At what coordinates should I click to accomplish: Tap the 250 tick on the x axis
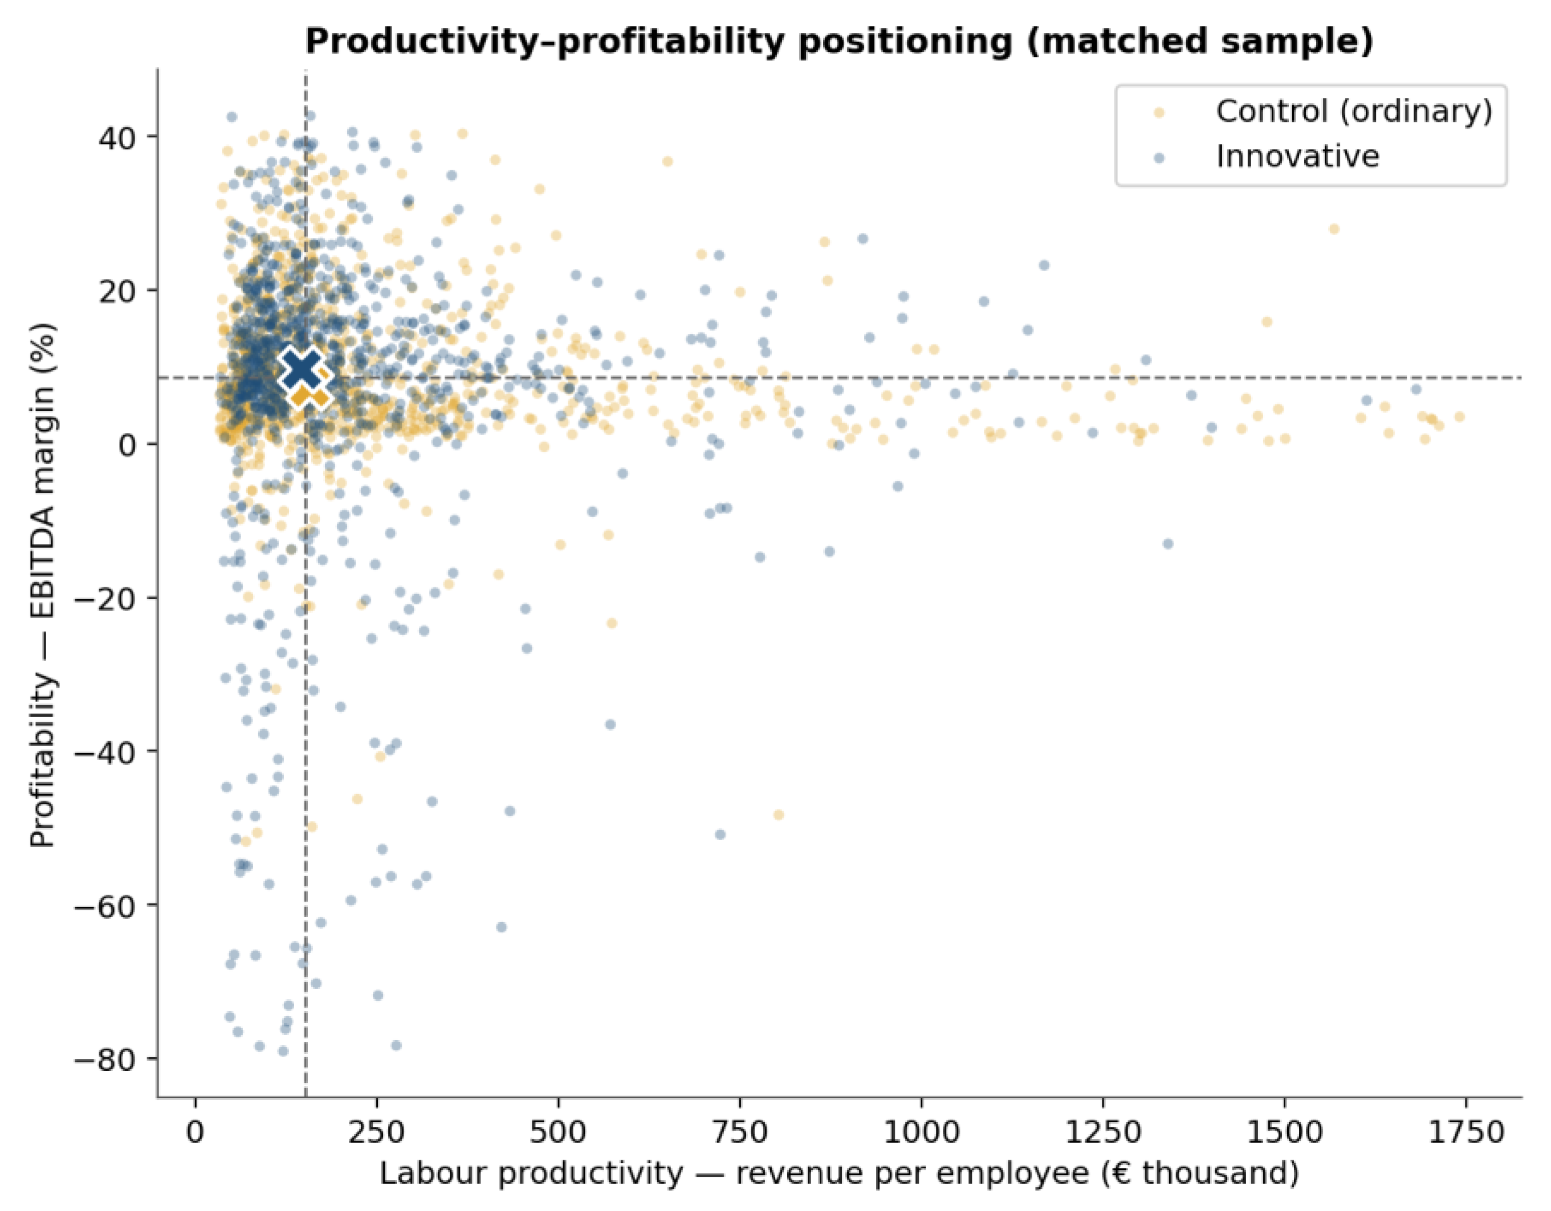(377, 1133)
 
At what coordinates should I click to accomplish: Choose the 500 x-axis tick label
(559, 1133)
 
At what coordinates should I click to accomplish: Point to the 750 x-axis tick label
(740, 1133)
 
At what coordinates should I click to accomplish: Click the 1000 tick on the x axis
(922, 1133)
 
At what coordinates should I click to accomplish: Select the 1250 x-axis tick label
(1103, 1133)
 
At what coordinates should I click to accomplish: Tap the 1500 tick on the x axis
(1285, 1133)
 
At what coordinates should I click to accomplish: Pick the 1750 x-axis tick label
(1465, 1133)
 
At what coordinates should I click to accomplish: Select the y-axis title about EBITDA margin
(43, 584)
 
